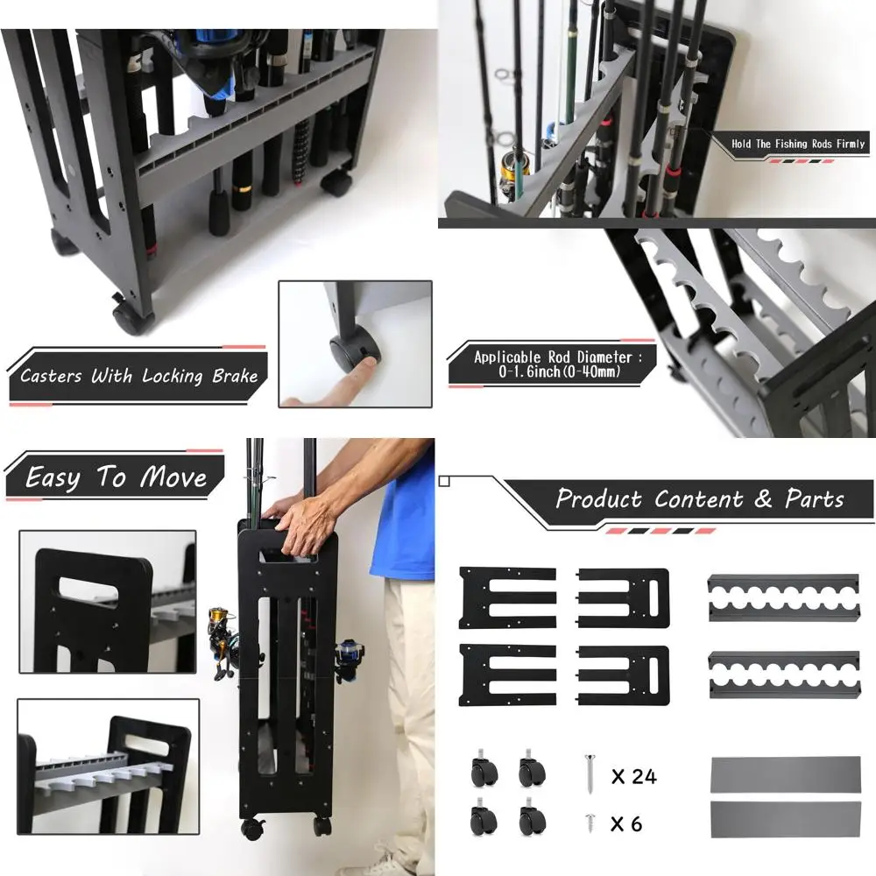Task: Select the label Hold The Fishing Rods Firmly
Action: pyautogui.click(x=798, y=144)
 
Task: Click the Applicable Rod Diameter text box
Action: pyautogui.click(x=552, y=364)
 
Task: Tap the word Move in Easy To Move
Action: pyautogui.click(x=173, y=477)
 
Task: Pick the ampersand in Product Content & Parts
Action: pyautogui.click(x=764, y=499)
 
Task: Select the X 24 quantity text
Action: pyautogui.click(x=633, y=776)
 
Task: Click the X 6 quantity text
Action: pyautogui.click(x=626, y=823)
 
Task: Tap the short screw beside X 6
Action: pyautogui.click(x=590, y=822)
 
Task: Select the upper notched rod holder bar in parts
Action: pyautogui.click(x=783, y=598)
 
